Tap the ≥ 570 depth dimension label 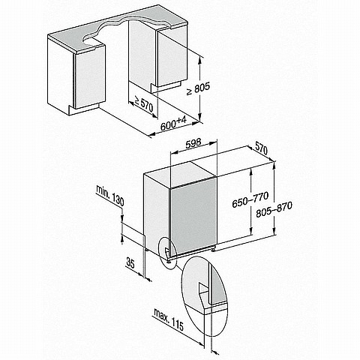pyautogui.click(x=144, y=103)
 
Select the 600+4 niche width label pyautogui.click(x=173, y=124)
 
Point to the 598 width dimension pyautogui.click(x=193, y=143)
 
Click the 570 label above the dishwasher pyautogui.click(x=262, y=149)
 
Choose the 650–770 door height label pyautogui.click(x=250, y=199)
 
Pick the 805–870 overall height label pyautogui.click(x=274, y=210)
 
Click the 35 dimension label pyautogui.click(x=130, y=263)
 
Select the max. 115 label pyautogui.click(x=169, y=319)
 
